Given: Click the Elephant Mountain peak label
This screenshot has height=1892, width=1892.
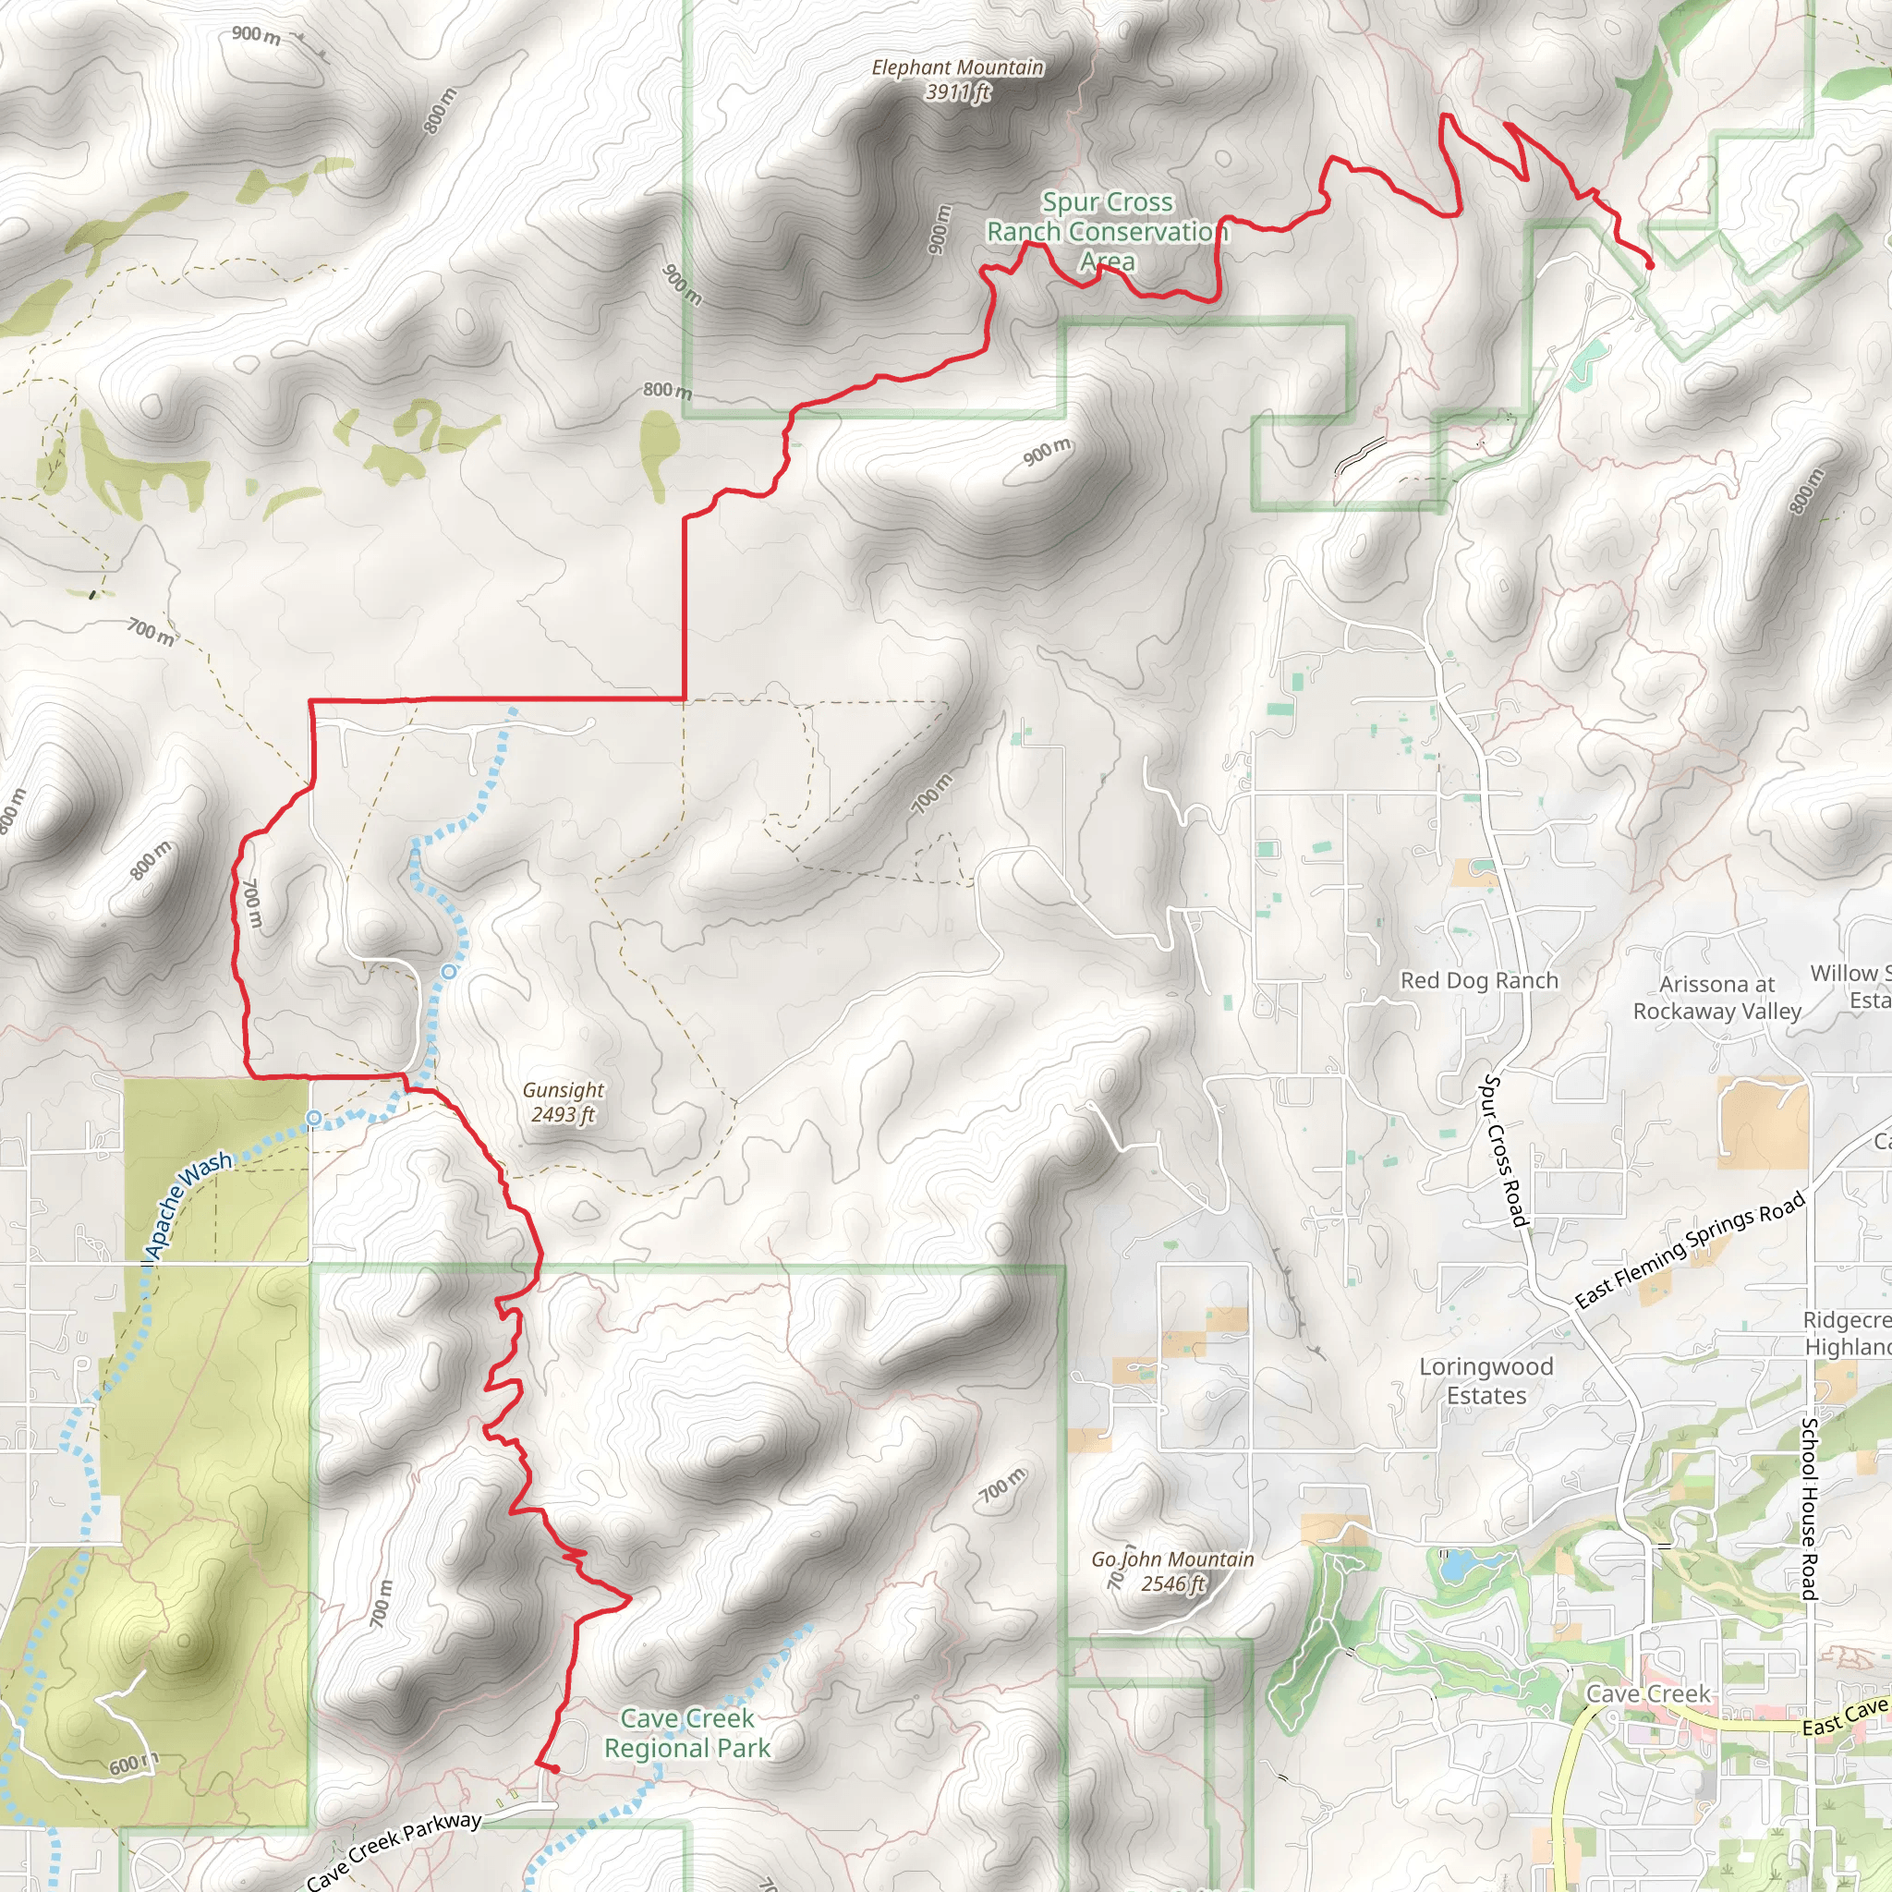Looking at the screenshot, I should pos(957,79).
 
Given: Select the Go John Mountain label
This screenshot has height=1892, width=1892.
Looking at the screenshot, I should pos(1172,1571).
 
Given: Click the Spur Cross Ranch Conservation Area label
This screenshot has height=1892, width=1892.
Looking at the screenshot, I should pos(1107,231).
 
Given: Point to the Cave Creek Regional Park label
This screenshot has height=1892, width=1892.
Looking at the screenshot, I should pos(686,1732).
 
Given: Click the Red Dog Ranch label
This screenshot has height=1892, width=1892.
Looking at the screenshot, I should pos(1479,980).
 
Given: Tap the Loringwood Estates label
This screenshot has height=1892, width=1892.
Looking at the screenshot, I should pos(1486,1380).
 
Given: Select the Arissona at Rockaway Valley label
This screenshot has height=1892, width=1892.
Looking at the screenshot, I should pos(1716,997).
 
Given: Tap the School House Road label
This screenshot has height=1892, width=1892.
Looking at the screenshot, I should pos(1809,1508).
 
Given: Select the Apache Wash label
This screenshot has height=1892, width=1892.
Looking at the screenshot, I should pos(188,1205).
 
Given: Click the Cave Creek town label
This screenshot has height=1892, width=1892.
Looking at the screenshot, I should pos(1647,1694).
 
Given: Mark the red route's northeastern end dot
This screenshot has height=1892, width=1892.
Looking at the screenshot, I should pos(1650,264).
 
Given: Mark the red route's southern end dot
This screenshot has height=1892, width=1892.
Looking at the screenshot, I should pos(554,1769).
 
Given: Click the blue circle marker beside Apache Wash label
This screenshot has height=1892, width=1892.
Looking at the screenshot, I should pos(313,1118).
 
